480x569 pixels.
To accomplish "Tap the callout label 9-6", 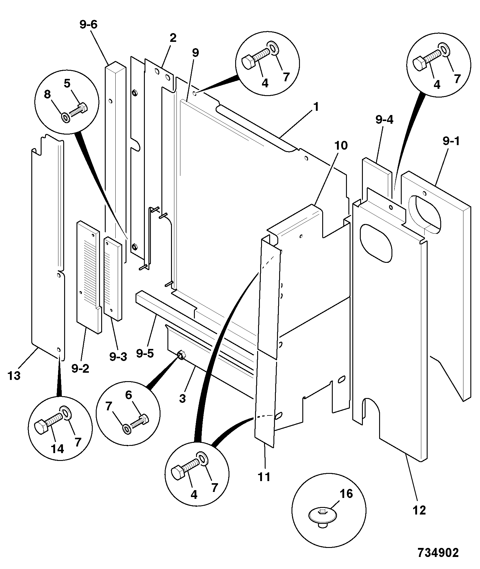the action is [89, 24].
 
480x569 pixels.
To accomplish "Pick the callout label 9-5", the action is [145, 353].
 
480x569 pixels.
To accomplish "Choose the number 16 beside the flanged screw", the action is [346, 494].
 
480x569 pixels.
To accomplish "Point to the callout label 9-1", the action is [451, 141].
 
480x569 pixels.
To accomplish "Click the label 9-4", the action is [385, 120].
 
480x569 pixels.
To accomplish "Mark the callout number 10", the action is [341, 145].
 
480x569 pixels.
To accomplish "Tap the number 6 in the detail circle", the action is [129, 395].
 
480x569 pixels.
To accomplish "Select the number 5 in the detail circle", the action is [67, 84].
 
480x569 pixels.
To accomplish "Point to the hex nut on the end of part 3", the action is [181, 355].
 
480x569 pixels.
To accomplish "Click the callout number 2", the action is [173, 38].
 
